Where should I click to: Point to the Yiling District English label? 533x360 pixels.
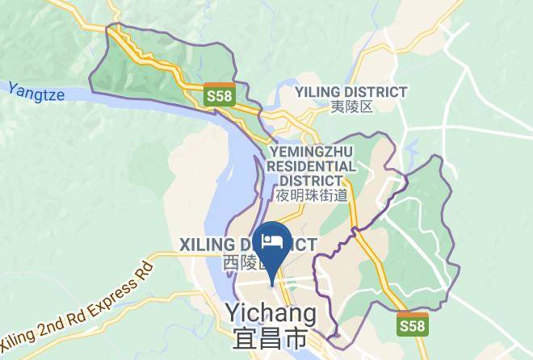[350, 92]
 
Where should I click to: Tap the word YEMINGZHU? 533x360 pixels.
[310, 151]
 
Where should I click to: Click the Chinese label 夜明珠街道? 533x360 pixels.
[311, 195]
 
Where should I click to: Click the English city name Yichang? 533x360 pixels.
[269, 312]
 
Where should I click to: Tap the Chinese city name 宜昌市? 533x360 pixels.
[269, 340]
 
